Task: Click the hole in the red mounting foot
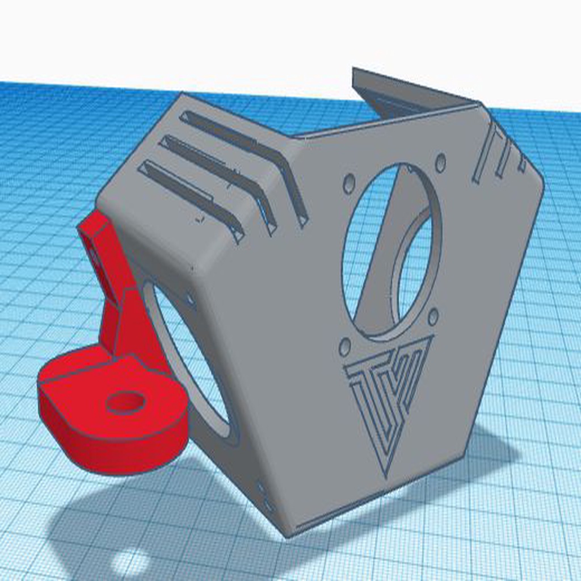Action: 125,402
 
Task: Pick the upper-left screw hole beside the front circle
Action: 349,183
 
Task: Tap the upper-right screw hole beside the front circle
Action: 440,163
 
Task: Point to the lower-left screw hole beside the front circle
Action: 344,346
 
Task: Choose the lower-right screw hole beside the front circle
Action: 433,317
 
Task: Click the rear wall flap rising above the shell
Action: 397,94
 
